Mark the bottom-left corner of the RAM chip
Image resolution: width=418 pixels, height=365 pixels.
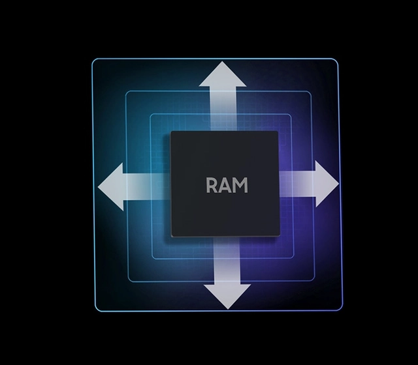click(172, 239)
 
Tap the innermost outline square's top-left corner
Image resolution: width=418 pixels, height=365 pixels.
click(152, 115)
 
